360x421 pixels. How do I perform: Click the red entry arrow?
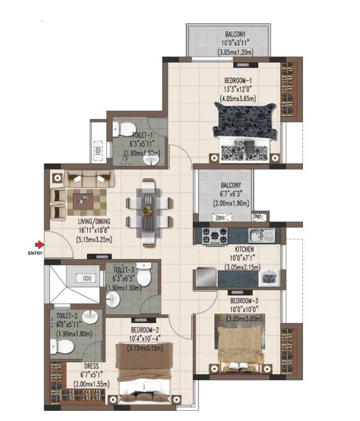(40, 244)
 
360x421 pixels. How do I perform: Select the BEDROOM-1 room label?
(237, 81)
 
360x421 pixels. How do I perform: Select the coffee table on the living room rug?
(83, 201)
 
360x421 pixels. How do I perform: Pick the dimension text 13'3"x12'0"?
(237, 90)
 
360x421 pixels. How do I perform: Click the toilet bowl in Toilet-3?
(145, 276)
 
